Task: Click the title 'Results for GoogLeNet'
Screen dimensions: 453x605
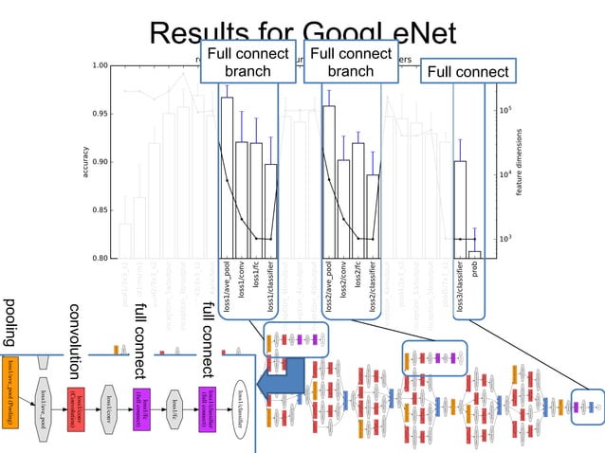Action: (302, 34)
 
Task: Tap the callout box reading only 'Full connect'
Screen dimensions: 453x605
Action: (466, 72)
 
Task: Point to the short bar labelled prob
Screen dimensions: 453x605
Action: (475, 254)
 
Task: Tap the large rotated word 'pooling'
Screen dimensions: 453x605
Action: (11, 323)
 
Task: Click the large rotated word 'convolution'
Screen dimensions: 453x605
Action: (76, 336)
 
